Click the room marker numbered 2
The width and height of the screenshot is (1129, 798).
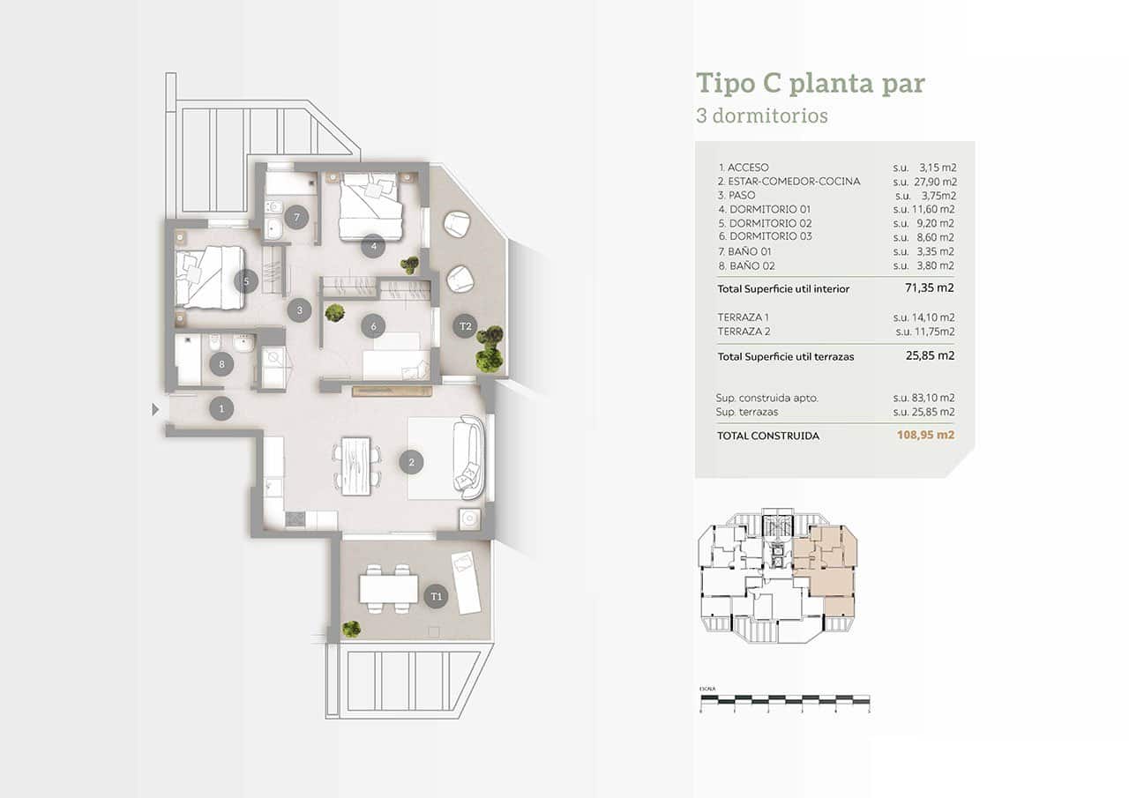click(409, 461)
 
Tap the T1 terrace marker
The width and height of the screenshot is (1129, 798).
click(436, 597)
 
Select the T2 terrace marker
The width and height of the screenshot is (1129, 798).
click(466, 327)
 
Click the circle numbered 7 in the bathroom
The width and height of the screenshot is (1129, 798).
click(296, 217)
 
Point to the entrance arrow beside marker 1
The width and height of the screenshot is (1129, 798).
click(156, 409)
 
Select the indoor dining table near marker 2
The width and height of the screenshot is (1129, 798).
click(356, 465)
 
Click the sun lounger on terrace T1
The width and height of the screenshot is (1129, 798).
click(467, 582)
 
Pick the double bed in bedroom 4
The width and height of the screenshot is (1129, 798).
click(370, 205)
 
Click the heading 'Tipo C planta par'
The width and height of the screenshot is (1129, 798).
click(810, 84)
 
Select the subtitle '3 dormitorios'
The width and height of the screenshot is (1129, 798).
click(761, 116)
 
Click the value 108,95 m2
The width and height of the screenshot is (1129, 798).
click(925, 436)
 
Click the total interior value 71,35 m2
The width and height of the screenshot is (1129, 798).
click(930, 288)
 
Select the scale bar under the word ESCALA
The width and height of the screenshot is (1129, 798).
click(784, 702)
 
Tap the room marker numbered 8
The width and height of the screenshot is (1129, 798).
click(222, 363)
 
